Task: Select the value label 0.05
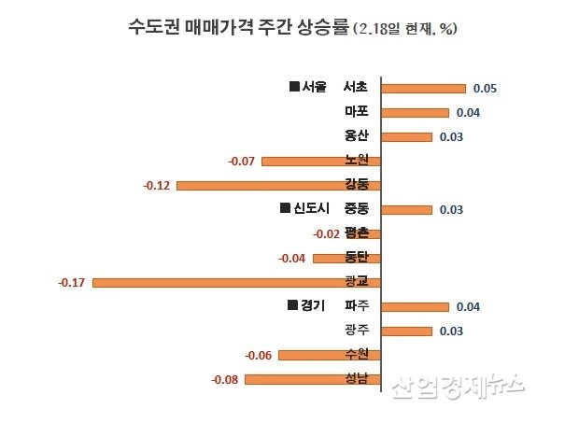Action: click(484, 89)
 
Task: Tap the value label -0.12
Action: click(156, 186)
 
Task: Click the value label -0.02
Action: click(327, 233)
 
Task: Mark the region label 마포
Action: click(356, 113)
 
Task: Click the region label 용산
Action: click(356, 136)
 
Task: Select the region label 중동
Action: click(356, 209)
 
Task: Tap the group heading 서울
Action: click(308, 89)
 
